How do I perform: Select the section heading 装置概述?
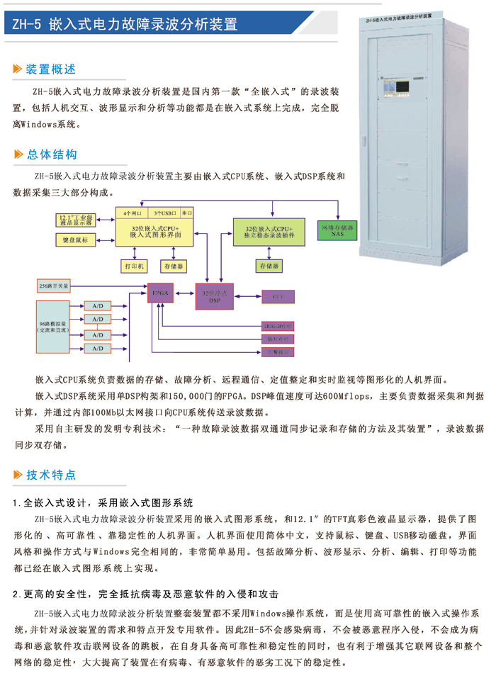pyautogui.click(x=50, y=69)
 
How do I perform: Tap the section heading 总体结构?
pyautogui.click(x=51, y=154)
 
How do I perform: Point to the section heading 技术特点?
pyautogui.click(x=50, y=475)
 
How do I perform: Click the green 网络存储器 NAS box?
pyautogui.click(x=337, y=230)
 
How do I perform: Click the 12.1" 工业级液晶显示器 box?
pyautogui.click(x=75, y=219)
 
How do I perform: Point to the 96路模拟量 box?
pyautogui.click(x=53, y=327)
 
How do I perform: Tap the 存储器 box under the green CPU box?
pyautogui.click(x=268, y=266)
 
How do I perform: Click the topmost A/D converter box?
pyautogui.click(x=97, y=305)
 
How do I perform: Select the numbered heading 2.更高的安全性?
pyautogui.click(x=145, y=594)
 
